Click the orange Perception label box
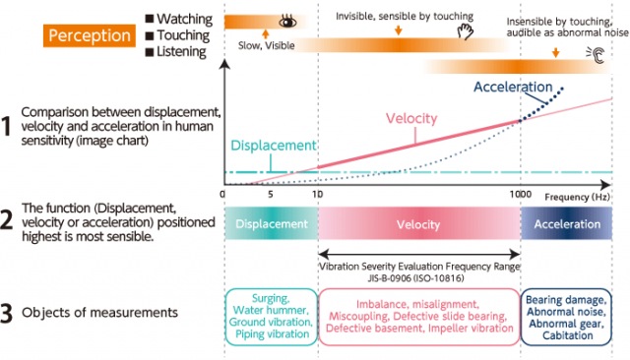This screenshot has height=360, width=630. (89, 35)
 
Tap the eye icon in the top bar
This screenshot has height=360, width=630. (288, 21)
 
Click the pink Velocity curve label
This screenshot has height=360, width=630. (409, 119)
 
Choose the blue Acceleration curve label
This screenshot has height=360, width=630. (513, 88)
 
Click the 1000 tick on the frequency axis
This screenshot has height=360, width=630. (522, 196)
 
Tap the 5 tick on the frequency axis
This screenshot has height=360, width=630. (269, 196)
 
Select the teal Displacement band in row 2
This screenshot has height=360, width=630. (271, 224)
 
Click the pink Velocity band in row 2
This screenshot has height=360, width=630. (418, 224)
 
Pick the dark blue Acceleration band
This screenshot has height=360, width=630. (567, 224)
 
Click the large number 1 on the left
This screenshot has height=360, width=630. (8, 126)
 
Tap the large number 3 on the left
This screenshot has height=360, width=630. (8, 313)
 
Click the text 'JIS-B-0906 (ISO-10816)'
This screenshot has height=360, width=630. (418, 277)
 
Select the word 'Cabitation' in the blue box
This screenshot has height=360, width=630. (566, 335)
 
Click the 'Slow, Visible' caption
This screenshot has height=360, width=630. (266, 44)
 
